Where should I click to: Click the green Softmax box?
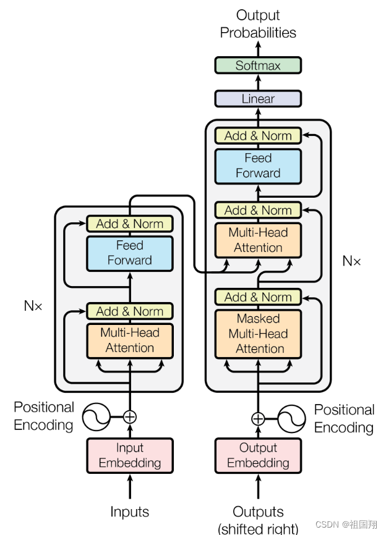258,65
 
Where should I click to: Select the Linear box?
258,99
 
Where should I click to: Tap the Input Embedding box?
130,455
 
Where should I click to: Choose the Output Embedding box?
258,455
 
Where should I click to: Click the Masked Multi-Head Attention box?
258,334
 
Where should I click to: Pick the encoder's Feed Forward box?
130,253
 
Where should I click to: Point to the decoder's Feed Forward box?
258,166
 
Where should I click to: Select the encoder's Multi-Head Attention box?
130,340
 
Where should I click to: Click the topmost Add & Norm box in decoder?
258,136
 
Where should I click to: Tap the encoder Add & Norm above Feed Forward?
130,224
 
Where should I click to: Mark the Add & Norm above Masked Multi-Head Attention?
258,297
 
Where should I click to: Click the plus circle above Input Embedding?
130,416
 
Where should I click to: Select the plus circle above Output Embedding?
258,419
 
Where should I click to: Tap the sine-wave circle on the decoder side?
291,419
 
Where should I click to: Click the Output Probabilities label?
258,23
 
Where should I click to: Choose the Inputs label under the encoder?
130,512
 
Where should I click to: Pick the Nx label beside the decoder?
351,261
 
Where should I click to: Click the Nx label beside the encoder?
33,305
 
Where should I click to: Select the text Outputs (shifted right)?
258,520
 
